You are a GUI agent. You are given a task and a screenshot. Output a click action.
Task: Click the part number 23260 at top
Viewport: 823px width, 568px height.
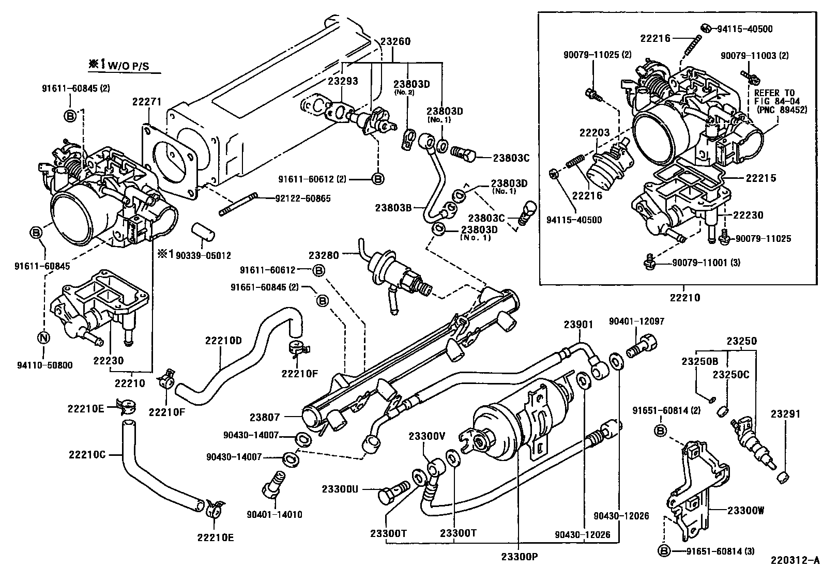[395, 42]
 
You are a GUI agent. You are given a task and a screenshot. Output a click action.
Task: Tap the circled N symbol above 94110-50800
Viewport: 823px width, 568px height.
[44, 338]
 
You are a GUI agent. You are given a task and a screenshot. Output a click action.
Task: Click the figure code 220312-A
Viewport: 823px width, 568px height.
[795, 560]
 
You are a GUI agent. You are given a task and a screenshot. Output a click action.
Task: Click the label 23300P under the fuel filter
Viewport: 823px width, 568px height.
[519, 557]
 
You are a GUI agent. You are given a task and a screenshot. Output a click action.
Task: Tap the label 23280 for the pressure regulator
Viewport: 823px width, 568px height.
[324, 255]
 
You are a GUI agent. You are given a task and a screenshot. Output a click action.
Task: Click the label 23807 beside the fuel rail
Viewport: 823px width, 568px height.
[265, 417]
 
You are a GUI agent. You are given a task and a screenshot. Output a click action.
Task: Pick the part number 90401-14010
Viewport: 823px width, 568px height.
[274, 514]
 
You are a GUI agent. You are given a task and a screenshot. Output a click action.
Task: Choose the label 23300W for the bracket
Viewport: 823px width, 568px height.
[745, 511]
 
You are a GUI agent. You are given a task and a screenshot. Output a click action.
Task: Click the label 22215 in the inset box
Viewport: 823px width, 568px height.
[760, 178]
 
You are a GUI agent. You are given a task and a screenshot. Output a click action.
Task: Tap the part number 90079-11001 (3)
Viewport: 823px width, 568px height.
[706, 263]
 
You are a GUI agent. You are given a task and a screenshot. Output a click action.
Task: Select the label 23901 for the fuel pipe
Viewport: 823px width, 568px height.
[578, 325]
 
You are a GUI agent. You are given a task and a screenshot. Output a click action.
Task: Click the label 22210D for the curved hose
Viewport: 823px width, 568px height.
[223, 340]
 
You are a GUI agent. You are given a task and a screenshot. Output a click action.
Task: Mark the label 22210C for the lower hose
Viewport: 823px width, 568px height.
[86, 454]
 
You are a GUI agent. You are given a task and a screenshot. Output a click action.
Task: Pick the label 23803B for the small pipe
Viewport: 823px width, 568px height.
[393, 208]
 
